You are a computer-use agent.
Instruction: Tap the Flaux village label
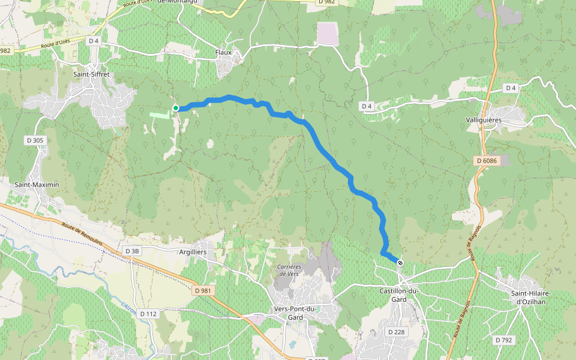[223, 53]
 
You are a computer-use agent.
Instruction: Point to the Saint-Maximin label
[37, 185]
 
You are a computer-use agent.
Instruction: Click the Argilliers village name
[193, 253]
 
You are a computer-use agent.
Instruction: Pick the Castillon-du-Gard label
[398, 295]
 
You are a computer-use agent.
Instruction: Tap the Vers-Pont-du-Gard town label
[295, 313]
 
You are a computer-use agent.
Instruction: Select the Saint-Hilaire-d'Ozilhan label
[531, 297]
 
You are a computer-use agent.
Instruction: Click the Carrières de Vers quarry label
[289, 270]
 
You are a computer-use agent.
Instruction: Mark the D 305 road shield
[35, 140]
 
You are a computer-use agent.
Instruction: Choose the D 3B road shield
[131, 251]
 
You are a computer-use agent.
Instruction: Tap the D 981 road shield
[203, 290]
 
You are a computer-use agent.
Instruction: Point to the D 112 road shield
[148, 314]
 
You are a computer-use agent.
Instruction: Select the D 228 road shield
[397, 332]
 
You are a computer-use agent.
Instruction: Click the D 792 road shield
[504, 340]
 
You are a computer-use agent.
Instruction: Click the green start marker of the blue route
[176, 108]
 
